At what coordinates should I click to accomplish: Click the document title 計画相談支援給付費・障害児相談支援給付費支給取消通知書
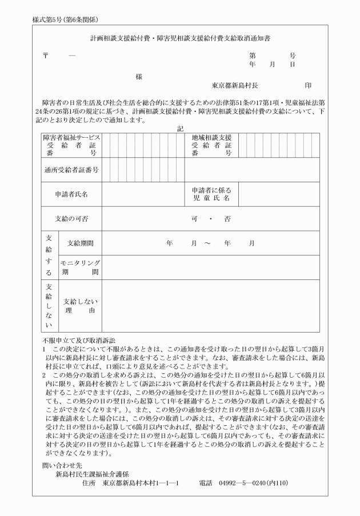180,39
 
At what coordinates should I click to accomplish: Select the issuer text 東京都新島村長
235,85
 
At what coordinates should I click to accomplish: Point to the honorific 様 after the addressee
139,76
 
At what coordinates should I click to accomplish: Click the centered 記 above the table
179,129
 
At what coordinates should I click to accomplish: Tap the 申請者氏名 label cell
71,194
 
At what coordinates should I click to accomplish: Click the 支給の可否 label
71,219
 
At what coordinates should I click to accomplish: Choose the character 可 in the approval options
194,219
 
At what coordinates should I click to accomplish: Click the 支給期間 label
80,243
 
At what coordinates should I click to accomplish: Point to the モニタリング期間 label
80,267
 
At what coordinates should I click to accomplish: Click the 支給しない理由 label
79,306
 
